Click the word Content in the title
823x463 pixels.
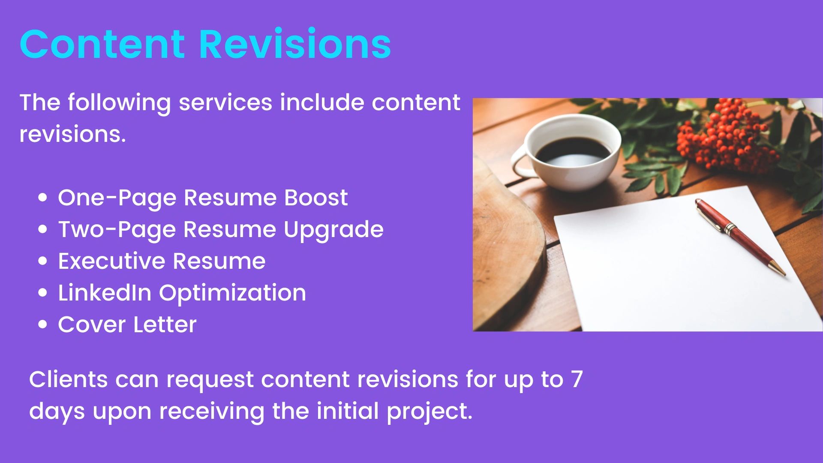(102, 44)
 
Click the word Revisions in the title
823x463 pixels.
(295, 43)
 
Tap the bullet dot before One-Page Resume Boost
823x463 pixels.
(42, 198)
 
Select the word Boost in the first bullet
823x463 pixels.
(316, 198)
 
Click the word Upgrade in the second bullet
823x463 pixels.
(333, 230)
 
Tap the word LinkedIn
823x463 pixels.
(105, 293)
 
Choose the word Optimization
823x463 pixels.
(233, 294)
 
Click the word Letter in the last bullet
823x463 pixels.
(165, 325)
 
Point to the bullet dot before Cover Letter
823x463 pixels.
(42, 325)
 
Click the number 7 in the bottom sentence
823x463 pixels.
(577, 379)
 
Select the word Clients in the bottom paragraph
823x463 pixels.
(69, 379)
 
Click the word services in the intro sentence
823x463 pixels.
(225, 102)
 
